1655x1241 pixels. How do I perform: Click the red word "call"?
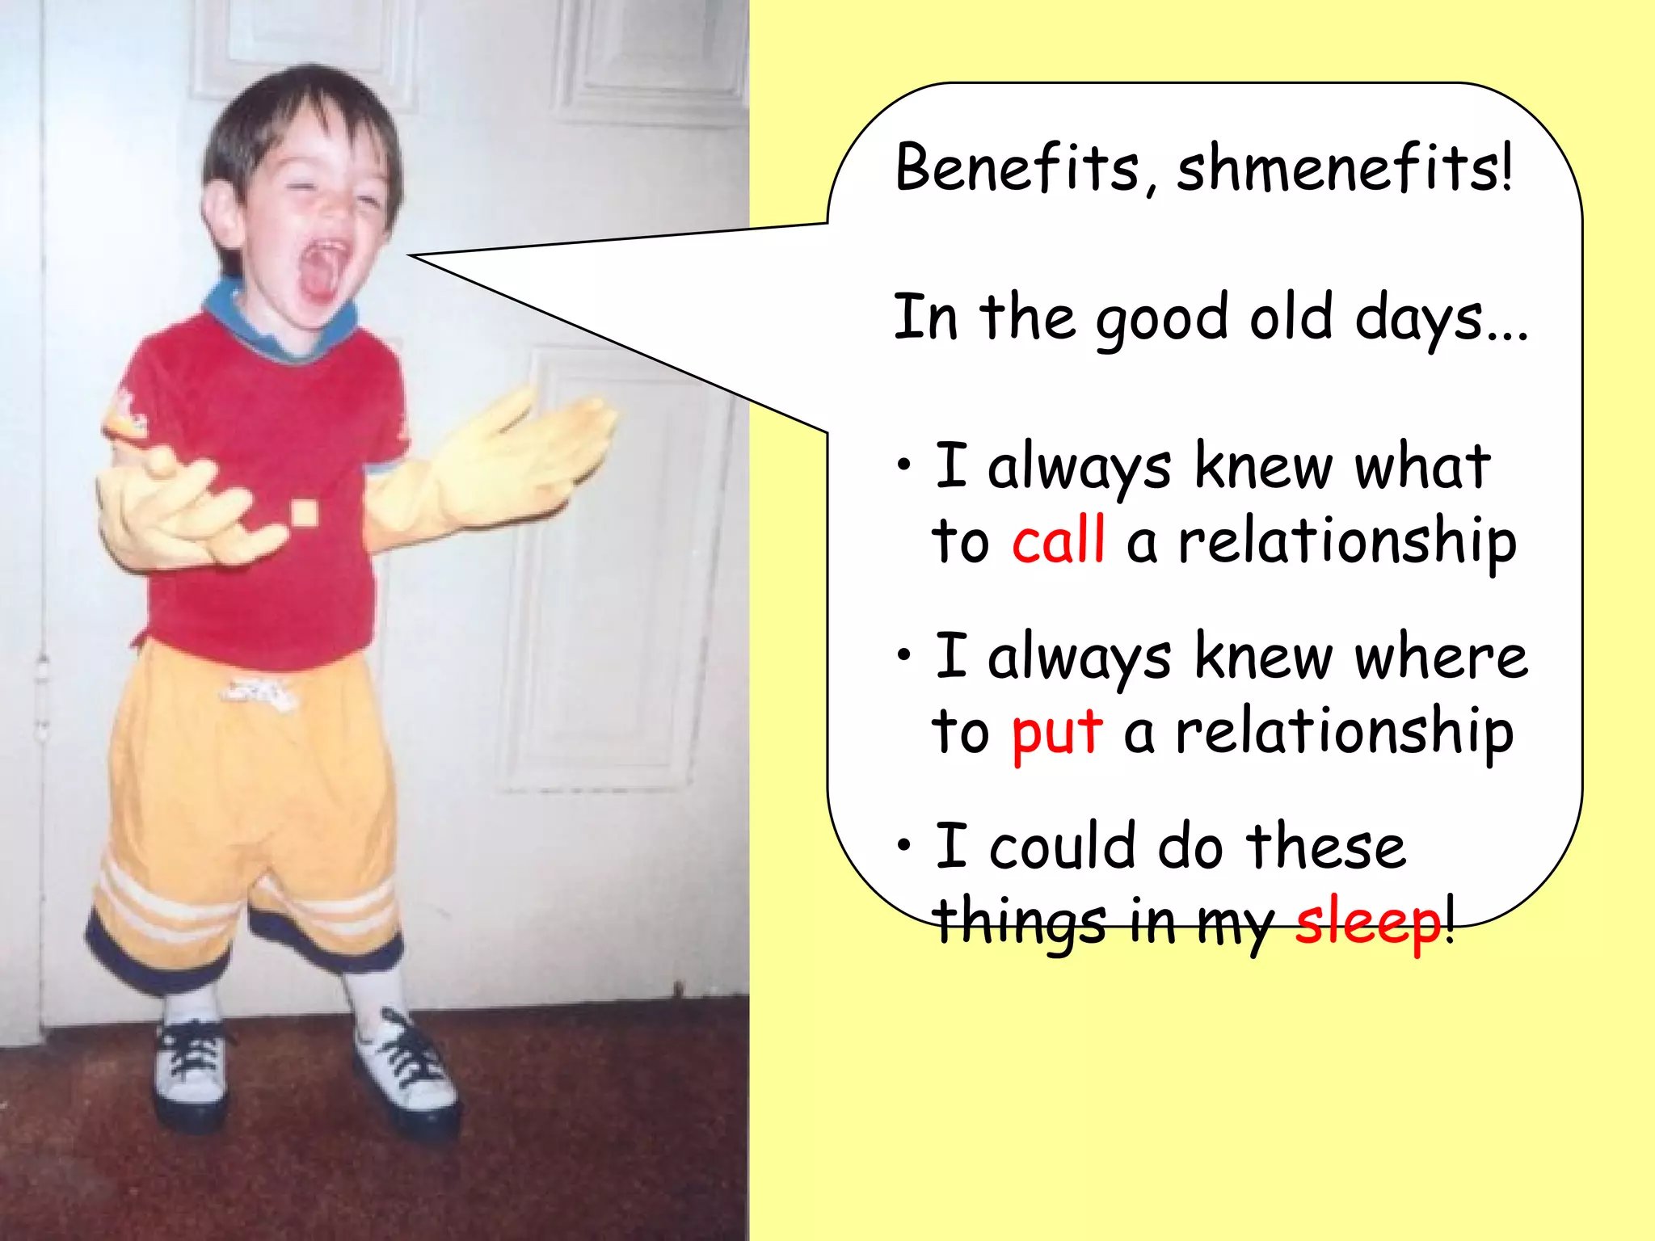[x=1058, y=541]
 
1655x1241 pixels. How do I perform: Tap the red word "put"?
[x=1056, y=732]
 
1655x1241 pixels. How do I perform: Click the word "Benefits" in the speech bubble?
[x=1017, y=167]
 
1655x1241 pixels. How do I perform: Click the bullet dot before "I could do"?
[x=904, y=845]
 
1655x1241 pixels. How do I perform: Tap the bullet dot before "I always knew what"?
[x=904, y=465]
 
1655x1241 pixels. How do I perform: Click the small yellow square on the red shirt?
[x=303, y=512]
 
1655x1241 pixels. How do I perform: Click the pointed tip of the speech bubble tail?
[x=411, y=256]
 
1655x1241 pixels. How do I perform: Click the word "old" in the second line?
[x=1291, y=318]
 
